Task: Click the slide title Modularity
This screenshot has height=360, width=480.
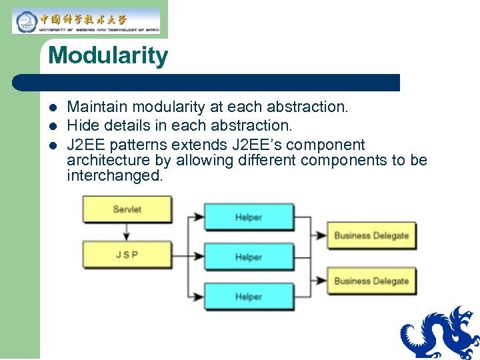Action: (x=108, y=55)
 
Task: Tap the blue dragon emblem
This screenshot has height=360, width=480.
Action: (x=440, y=333)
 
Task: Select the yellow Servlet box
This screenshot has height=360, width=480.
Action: (x=127, y=209)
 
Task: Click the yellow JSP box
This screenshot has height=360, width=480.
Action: (x=127, y=255)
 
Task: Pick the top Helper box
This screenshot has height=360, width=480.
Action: (x=248, y=217)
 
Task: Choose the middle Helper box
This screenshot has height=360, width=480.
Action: (x=248, y=257)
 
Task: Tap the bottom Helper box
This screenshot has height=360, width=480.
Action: (x=248, y=297)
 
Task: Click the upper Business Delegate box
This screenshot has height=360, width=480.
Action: (x=371, y=235)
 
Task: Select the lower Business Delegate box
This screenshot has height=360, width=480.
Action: (x=371, y=281)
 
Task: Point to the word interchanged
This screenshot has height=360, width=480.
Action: (x=114, y=176)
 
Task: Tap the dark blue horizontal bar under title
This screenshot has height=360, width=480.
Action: (x=207, y=83)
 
